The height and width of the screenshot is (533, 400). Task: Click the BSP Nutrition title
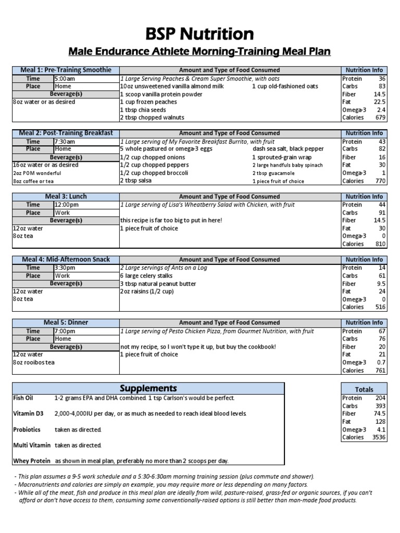pyautogui.click(x=200, y=34)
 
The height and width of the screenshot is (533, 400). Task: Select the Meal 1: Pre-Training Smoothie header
pyautogui.click(x=65, y=70)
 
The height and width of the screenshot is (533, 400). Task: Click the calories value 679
pyautogui.click(x=378, y=118)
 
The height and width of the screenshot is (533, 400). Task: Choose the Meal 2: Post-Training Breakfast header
pyautogui.click(x=65, y=133)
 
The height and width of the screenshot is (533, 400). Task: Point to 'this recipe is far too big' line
pyautogui.click(x=171, y=221)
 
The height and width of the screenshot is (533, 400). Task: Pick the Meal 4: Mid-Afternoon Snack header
pyautogui.click(x=65, y=260)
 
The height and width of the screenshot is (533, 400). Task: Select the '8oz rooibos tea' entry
pyautogui.click(x=33, y=362)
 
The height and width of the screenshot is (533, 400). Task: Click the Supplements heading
pyautogui.click(x=148, y=389)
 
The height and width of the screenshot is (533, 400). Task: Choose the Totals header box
pyautogui.click(x=364, y=389)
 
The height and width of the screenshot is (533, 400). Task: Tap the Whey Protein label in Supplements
pyautogui.click(x=32, y=461)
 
